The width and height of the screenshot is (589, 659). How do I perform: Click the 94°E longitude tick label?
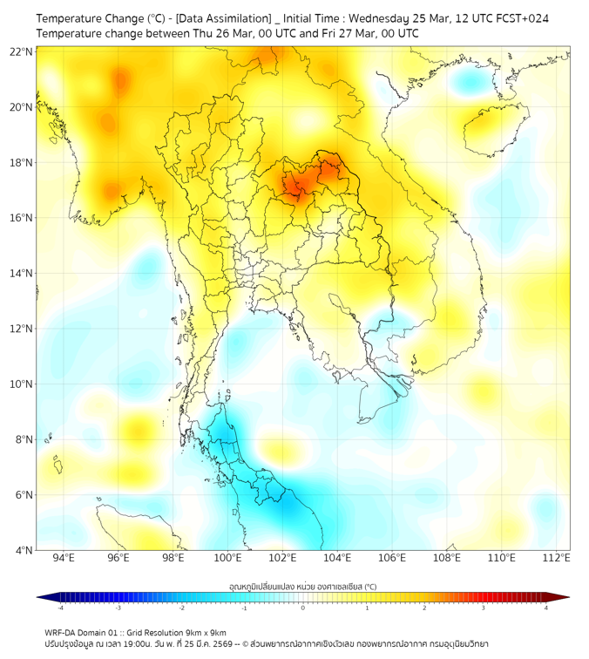[64, 558]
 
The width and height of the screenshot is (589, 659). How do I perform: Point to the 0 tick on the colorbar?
[303, 608]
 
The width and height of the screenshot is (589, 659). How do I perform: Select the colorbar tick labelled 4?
[545, 608]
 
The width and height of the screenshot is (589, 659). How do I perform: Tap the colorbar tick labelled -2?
[181, 608]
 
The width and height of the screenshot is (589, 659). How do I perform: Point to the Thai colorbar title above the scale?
[302, 586]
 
